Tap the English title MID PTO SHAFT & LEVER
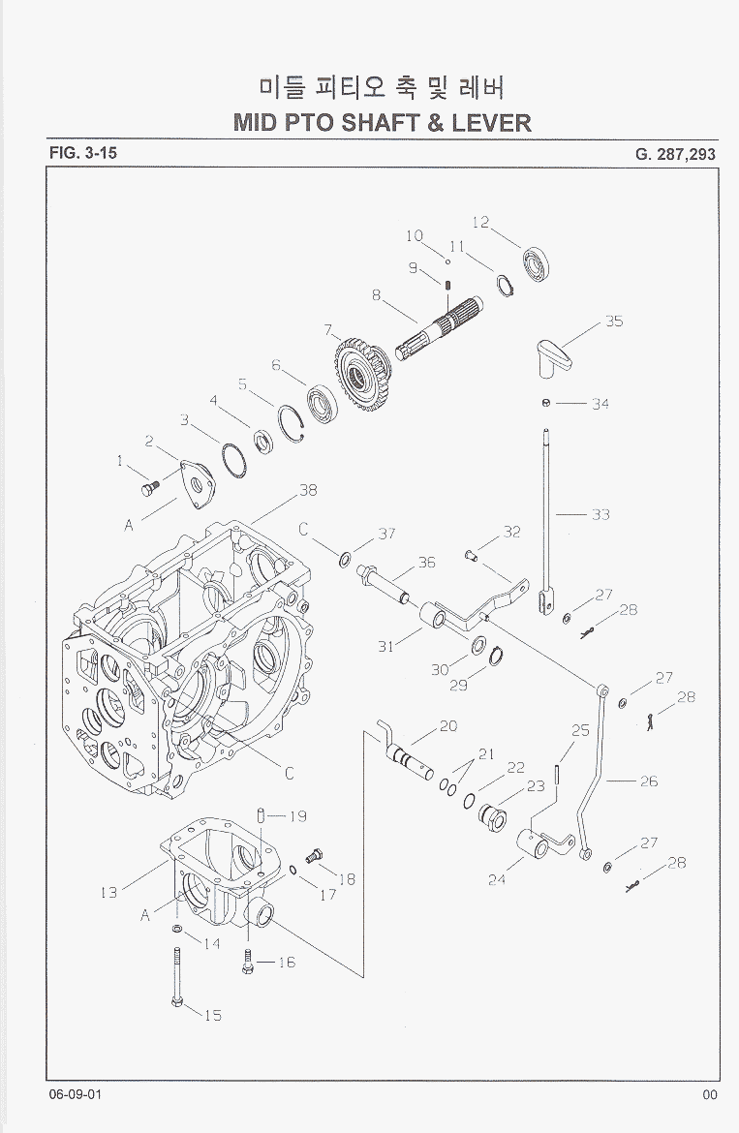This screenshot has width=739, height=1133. tap(383, 123)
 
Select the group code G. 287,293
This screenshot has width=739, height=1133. tap(676, 153)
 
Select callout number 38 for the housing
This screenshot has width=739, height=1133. tap(308, 490)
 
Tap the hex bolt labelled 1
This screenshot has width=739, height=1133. tap(148, 489)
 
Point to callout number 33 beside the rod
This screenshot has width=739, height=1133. tap(600, 514)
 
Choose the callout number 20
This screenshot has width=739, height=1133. tap(447, 726)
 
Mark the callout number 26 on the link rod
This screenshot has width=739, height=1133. tap(648, 781)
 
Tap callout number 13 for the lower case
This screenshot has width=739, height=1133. tap(108, 892)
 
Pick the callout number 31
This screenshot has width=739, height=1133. tap(385, 647)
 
